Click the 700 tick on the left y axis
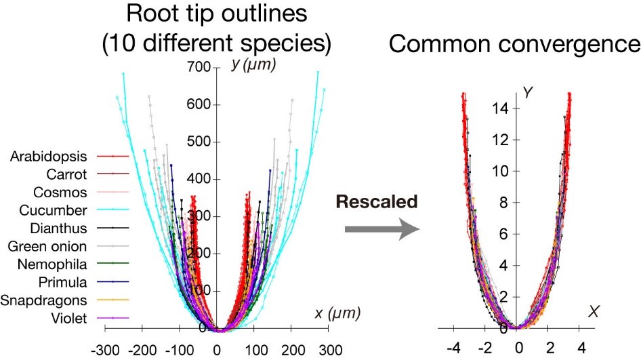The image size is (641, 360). click(x=201, y=68)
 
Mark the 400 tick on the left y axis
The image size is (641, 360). click(x=201, y=180)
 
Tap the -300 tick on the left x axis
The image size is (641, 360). click(x=104, y=351)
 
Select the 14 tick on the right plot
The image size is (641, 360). click(x=501, y=108)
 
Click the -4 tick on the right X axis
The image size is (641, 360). click(x=455, y=348)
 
